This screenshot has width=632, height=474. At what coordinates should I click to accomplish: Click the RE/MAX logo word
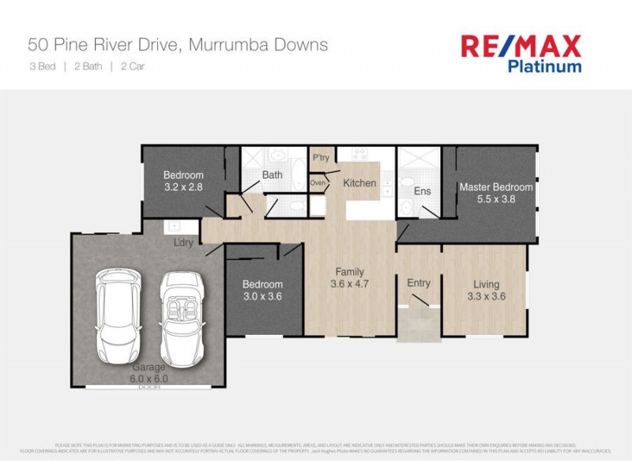coord(521,46)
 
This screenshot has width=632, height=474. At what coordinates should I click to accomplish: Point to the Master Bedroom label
coord(496,187)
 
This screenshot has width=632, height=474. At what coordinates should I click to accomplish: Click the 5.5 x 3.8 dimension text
coord(496,200)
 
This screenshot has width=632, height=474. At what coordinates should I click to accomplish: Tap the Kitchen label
coord(359,183)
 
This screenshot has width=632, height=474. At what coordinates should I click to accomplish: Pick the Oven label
coord(318,183)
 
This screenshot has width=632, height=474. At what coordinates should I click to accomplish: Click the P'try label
coord(321,158)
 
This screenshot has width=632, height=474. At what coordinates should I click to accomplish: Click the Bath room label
coord(273,175)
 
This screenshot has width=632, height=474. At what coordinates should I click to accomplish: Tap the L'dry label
coord(184,243)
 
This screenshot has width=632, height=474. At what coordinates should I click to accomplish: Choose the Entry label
coord(419,283)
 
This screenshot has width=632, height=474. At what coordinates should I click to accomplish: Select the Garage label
coord(149,367)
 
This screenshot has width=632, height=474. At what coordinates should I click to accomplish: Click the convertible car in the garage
coord(182,315)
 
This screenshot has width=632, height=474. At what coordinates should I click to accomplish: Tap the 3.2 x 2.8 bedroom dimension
coord(183,188)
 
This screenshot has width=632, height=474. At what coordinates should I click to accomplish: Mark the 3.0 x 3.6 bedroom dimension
coord(262,297)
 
